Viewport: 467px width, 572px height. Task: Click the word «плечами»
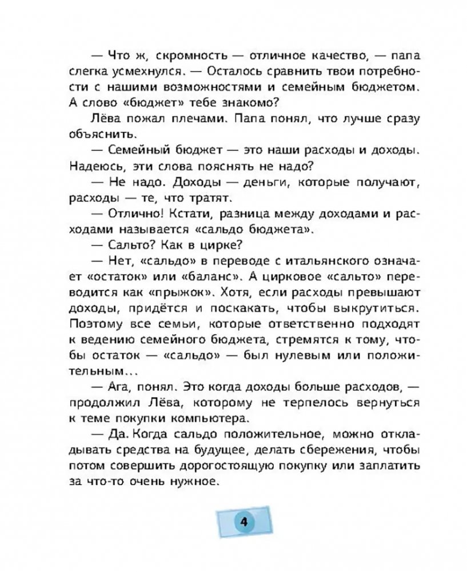184,119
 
